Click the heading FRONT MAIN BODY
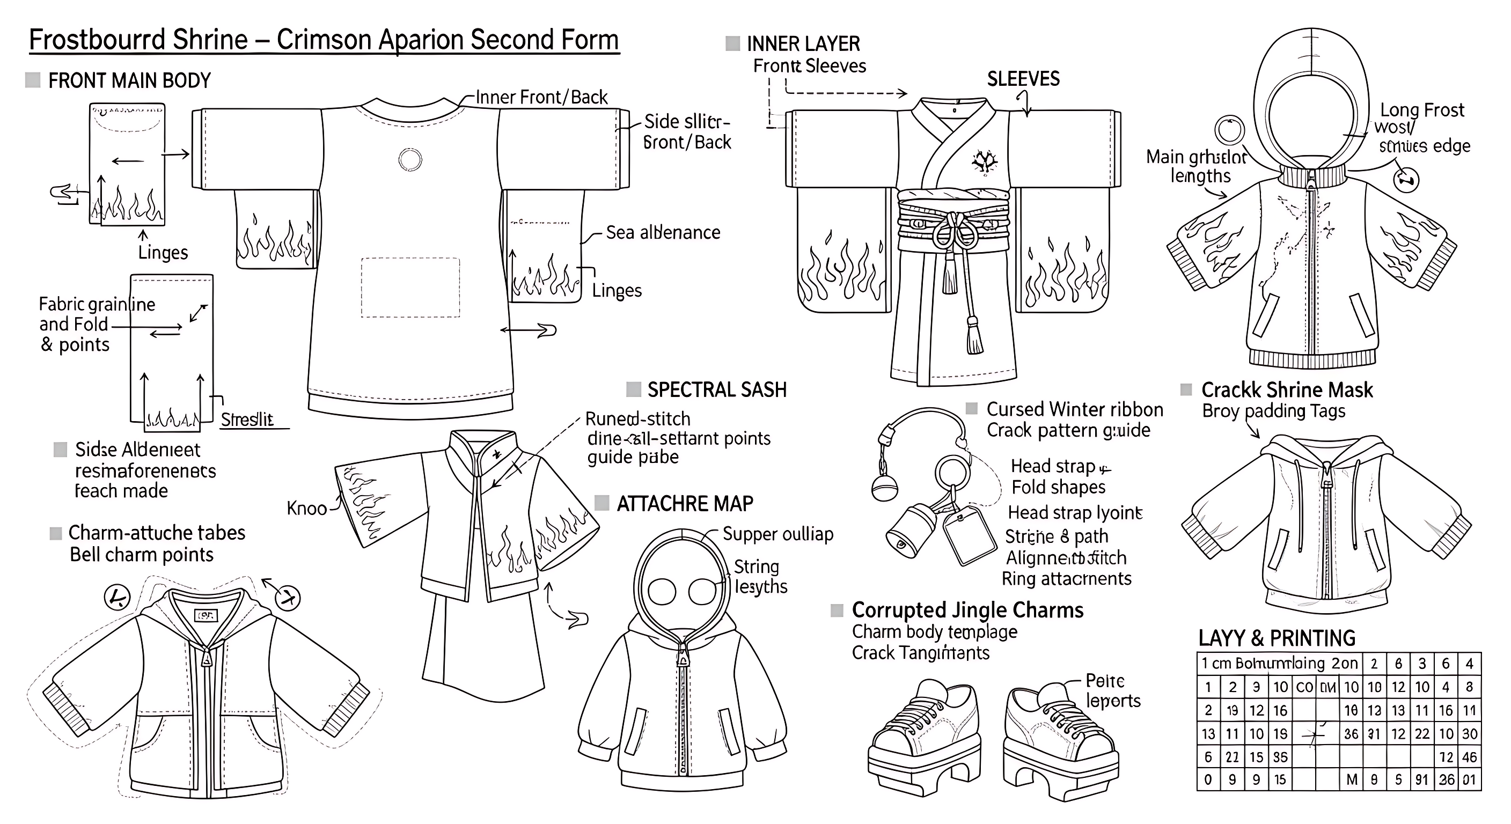pos(129,80)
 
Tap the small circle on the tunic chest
pos(410,159)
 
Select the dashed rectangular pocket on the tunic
pos(410,288)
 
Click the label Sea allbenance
pos(663,232)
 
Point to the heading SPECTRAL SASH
pos(716,389)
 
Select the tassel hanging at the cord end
pos(974,337)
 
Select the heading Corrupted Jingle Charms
pos(967,610)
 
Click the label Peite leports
pos(1112,690)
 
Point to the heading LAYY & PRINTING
pos(1277,637)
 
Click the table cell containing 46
pos(1469,756)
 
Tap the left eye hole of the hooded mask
pos(662,591)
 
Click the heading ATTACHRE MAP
pos(685,503)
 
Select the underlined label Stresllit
pos(247,420)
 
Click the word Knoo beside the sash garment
pos(306,508)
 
